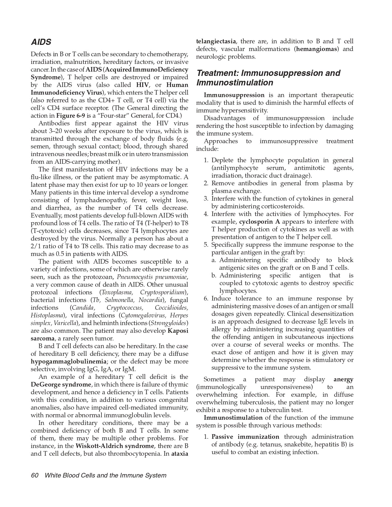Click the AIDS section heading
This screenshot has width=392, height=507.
pos(41,42)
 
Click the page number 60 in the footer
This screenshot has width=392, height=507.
pos(34,475)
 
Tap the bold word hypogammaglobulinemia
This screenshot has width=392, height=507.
pos(69,362)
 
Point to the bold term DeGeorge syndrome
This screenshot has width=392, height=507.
pos(61,385)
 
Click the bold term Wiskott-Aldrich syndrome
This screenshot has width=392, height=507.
pos(115,446)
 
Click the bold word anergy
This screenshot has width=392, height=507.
pos(343,379)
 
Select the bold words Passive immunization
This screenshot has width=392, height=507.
pos(245,437)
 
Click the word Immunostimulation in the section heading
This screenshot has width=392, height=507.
pos(235,83)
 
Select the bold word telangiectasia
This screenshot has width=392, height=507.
pos(216,41)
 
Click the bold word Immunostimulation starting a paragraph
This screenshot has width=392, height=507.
pos(233,418)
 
